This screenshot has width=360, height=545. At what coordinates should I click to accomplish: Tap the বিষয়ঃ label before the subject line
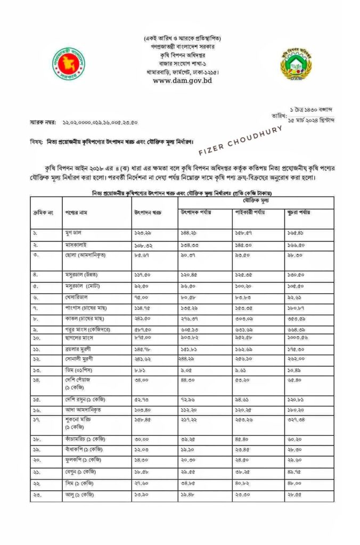37,142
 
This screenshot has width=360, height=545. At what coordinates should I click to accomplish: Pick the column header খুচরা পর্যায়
299,213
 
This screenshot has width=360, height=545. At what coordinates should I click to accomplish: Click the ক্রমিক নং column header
42,213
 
